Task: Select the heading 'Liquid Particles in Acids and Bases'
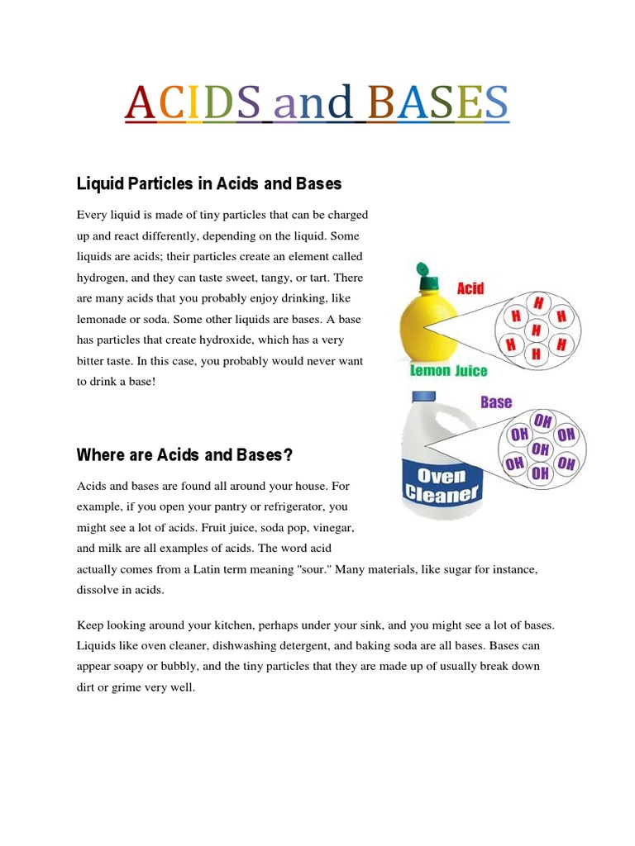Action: coord(208,183)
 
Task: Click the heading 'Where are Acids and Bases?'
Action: coord(184,454)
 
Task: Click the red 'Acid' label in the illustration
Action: coord(470,288)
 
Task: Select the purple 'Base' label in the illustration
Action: coord(496,402)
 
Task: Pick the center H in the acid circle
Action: coord(536,330)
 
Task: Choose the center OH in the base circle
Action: coord(540,449)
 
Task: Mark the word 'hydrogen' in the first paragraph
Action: coord(103,278)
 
